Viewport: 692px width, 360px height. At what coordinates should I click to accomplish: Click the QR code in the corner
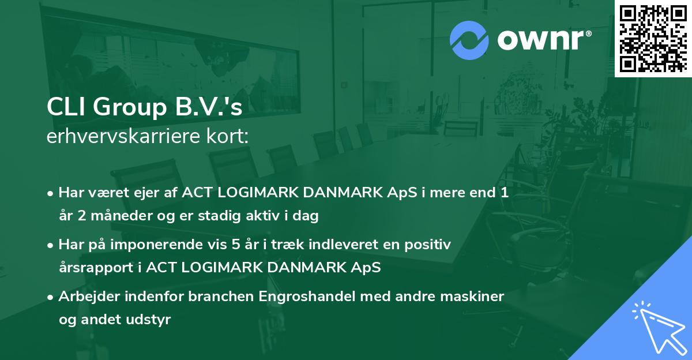click(x=653, y=37)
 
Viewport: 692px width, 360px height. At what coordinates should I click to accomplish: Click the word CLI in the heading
click(x=64, y=108)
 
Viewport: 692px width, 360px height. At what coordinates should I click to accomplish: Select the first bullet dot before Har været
click(x=51, y=193)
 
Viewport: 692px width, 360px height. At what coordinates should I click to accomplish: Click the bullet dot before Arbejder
click(x=51, y=297)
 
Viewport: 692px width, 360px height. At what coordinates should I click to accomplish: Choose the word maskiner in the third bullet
click(x=477, y=297)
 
